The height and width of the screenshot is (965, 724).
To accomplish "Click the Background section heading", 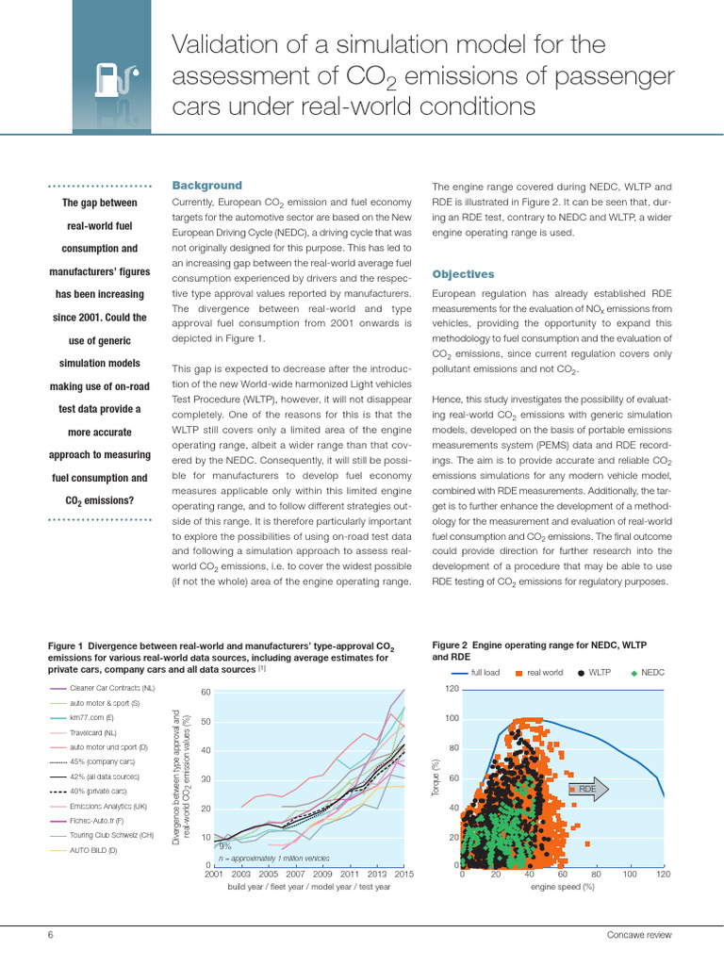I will (206, 186).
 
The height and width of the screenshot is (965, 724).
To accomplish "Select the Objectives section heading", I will (463, 274).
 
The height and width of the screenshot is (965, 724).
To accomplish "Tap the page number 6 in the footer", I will (51, 935).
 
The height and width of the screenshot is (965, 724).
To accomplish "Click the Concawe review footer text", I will (640, 935).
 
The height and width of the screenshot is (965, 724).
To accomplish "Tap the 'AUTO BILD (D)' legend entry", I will (93, 850).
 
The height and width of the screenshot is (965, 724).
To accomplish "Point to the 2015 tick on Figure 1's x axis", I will (404, 875).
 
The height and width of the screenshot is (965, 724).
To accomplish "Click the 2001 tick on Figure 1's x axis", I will (214, 875).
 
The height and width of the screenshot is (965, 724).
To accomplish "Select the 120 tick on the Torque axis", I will (452, 689).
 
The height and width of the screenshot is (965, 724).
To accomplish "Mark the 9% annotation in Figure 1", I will (224, 846).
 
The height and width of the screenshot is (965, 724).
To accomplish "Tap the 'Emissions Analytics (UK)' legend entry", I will (108, 806).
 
